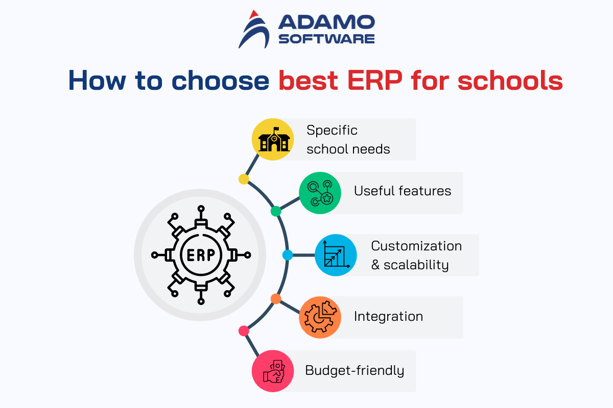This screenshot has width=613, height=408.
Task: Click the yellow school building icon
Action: click(273, 139)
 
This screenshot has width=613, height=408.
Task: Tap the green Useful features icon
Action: click(320, 193)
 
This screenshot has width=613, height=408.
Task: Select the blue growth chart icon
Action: click(336, 255)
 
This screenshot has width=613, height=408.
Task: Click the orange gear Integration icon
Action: click(320, 317)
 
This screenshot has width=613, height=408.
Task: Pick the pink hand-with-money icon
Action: click(273, 371)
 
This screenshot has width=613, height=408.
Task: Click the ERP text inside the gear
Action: click(201, 255)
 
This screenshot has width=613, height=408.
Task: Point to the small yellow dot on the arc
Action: click(244, 180)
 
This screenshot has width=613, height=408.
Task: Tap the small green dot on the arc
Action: click(276, 211)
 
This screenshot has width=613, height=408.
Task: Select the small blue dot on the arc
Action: click(288, 255)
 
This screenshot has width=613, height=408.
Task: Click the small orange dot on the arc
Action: click(276, 299)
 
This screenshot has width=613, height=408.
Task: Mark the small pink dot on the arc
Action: click(244, 331)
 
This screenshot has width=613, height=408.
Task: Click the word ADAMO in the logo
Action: click(326, 22)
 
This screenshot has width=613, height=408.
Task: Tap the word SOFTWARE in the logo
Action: click(326, 39)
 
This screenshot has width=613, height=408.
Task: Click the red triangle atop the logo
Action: click(254, 14)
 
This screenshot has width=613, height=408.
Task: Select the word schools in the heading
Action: click(510, 81)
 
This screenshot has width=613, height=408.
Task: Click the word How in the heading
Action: click(97, 81)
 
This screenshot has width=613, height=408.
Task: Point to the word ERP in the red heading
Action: click(375, 81)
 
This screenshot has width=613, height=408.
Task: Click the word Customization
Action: click(416, 246)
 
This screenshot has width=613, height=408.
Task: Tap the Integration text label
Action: click(388, 316)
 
